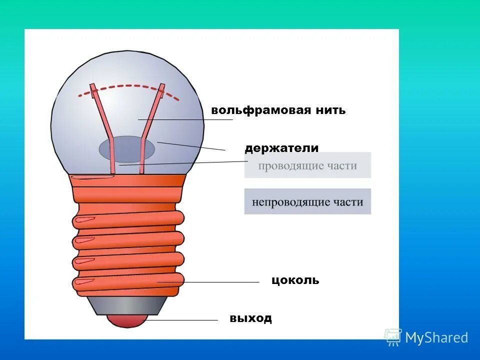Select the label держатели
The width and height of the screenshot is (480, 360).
(x=281, y=148)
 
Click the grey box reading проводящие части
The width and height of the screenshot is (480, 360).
(x=307, y=165)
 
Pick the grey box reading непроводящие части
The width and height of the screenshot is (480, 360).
(x=307, y=202)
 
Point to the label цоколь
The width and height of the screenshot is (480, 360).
(x=295, y=280)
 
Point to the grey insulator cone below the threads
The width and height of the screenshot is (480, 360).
(x=128, y=304)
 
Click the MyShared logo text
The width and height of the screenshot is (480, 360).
(x=436, y=338)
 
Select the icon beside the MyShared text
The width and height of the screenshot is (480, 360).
(x=393, y=337)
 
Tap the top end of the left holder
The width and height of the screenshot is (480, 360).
(x=93, y=88)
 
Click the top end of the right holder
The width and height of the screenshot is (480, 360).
(x=162, y=88)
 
